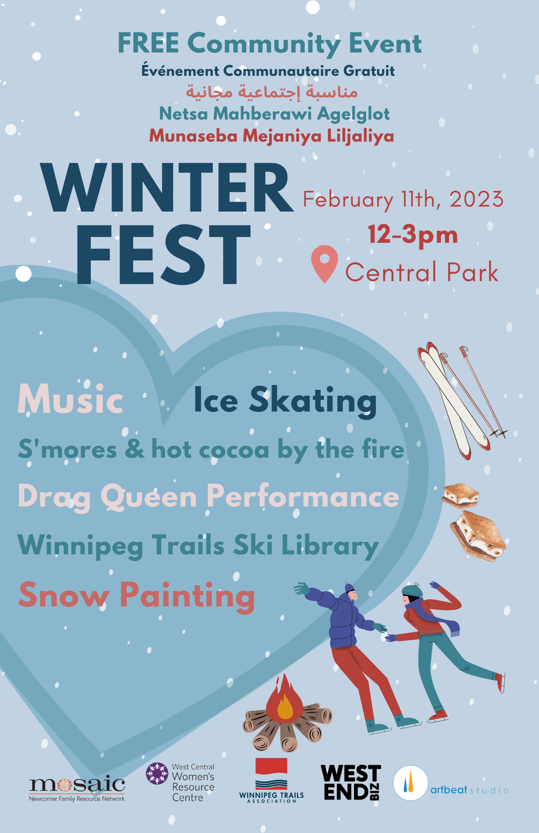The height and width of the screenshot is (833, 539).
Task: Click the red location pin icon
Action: tap(324, 263)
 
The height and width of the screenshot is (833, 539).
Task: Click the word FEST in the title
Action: tap(163, 254)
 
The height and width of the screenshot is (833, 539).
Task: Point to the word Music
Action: tap(70, 399)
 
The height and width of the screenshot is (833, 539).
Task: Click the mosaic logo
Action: tap(77, 788)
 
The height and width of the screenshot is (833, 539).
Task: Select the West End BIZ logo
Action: tap(351, 782)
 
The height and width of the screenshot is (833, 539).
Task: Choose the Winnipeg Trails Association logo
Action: tap(272, 780)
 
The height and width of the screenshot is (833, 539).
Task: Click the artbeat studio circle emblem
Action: tap(410, 783)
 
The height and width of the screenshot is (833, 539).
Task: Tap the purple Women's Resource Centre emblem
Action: tap(157, 773)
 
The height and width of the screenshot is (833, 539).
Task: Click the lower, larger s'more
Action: tap(478, 536)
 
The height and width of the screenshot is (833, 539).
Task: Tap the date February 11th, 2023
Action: tap(403, 200)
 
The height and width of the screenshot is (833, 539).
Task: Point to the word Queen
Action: tap(149, 497)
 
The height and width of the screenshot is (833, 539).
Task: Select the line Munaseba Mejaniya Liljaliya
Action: tap(272, 136)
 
